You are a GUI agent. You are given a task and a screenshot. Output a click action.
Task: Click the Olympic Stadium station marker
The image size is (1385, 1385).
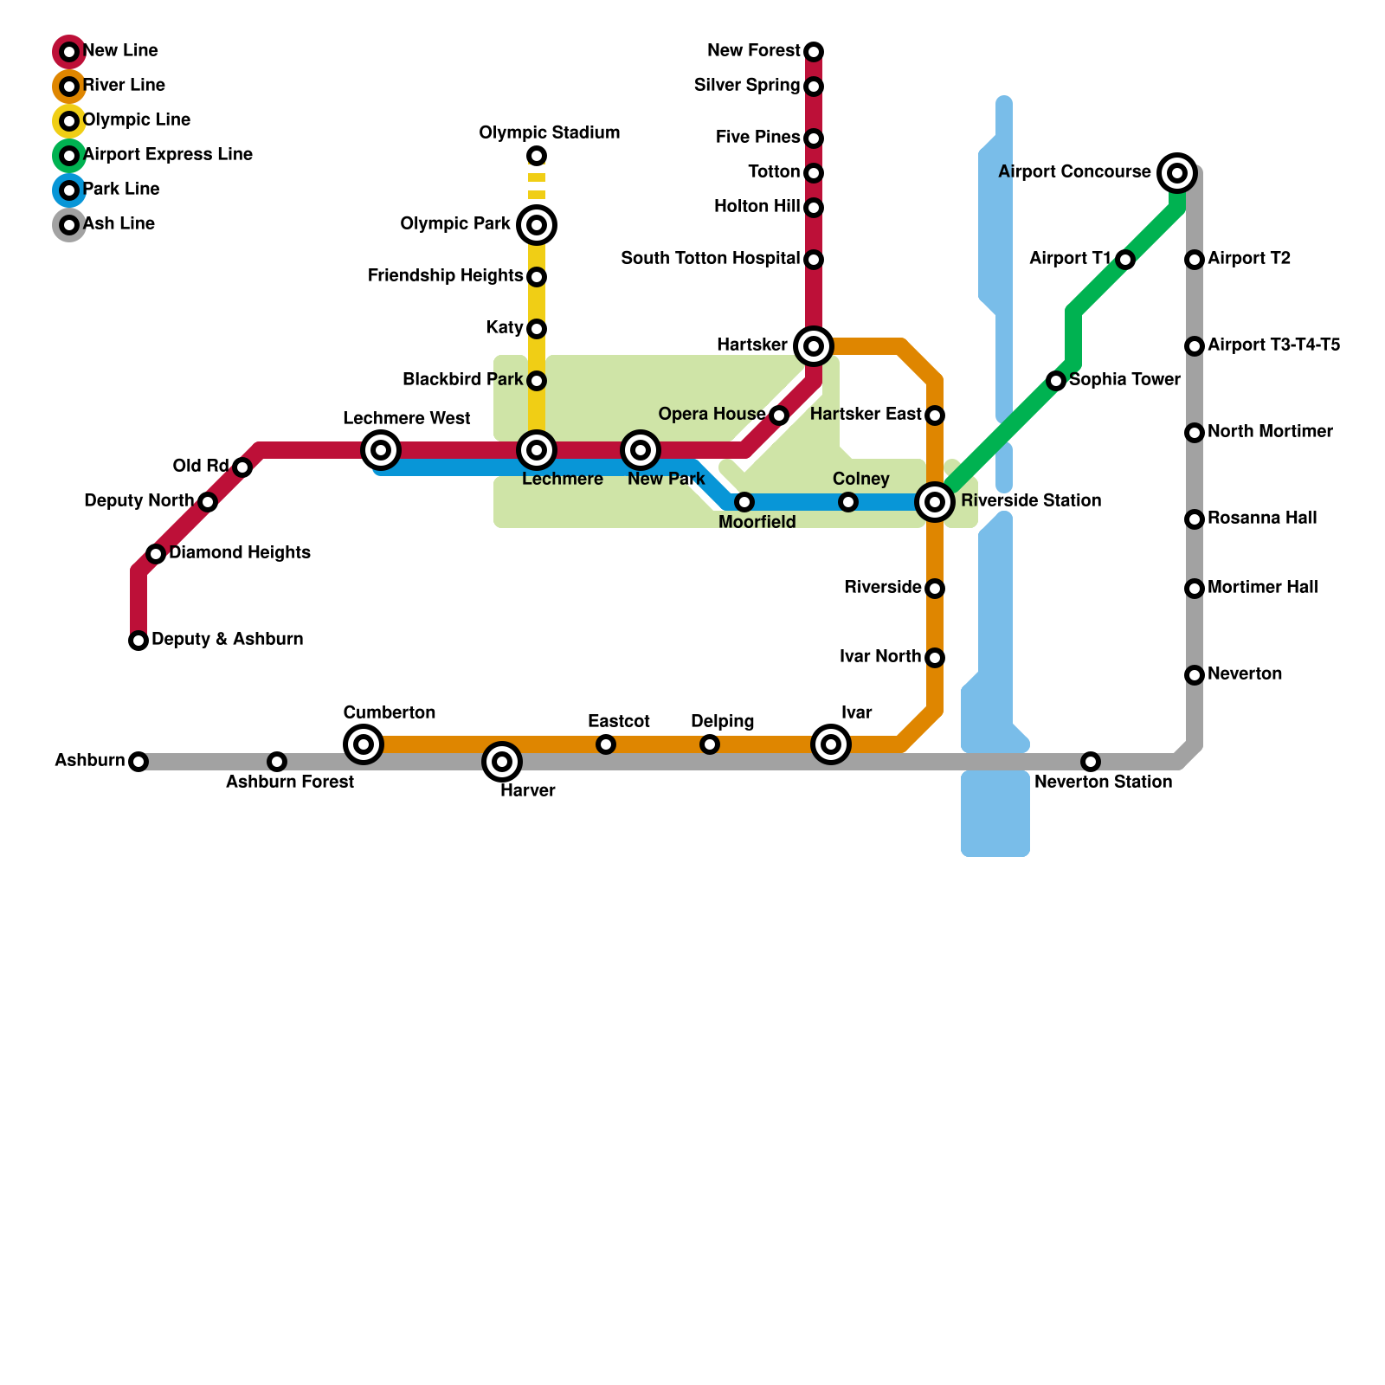pos(537,156)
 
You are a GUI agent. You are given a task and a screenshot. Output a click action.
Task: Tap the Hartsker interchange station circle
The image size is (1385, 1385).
pos(814,346)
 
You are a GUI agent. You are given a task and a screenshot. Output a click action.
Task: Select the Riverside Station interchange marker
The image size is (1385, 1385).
pos(935,502)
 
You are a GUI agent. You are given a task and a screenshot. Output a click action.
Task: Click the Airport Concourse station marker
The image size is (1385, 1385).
pos(1177,173)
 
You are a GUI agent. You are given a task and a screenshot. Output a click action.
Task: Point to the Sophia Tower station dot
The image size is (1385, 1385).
pos(1056,381)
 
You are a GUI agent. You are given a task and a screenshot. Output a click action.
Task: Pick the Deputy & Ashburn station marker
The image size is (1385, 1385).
pos(138,641)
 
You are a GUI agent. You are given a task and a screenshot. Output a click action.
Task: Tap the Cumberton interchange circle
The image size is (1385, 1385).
pos(364,744)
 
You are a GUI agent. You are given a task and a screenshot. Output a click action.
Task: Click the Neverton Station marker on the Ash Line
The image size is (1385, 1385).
pos(1091,762)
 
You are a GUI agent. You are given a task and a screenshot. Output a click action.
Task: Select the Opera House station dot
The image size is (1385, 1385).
pos(779,415)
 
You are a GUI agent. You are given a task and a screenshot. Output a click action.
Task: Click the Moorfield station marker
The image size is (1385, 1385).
pos(744,502)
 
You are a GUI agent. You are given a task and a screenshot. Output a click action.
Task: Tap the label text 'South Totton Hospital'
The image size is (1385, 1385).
pos(710,259)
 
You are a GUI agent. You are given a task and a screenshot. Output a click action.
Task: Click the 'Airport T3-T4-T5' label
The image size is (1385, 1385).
pos(1273,345)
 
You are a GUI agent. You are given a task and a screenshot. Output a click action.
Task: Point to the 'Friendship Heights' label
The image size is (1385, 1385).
pos(445,276)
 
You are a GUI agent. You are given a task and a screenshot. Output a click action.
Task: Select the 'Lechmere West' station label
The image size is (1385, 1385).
pos(407,419)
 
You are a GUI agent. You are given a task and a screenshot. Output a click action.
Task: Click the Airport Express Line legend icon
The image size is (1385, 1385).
pos(69,156)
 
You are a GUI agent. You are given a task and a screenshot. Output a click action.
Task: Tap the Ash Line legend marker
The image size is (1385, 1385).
pos(69,225)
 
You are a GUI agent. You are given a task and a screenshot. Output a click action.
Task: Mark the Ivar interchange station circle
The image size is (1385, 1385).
pos(831,744)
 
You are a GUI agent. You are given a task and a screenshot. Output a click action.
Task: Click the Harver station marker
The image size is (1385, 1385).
pos(502,762)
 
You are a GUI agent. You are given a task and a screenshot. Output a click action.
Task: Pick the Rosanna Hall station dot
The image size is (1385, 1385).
pos(1195,519)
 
